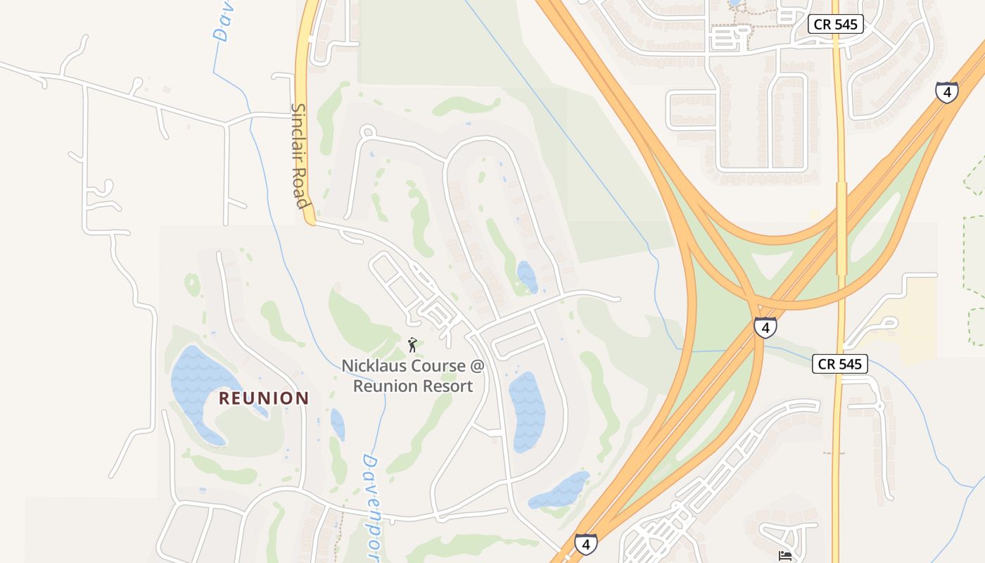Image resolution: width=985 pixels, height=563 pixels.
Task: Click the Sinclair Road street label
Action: click(x=300, y=156)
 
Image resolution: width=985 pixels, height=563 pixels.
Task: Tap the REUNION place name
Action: click(x=264, y=398)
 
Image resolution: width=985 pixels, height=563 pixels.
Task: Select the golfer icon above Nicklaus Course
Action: click(x=413, y=344)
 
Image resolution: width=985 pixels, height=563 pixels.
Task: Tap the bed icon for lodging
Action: click(x=786, y=556)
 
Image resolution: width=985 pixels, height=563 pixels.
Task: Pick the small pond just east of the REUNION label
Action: click(x=338, y=424)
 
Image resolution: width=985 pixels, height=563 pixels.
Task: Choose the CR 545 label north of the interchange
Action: click(x=835, y=24)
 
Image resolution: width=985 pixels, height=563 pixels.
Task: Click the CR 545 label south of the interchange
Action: click(x=840, y=364)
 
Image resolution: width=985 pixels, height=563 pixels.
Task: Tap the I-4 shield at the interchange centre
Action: click(x=765, y=327)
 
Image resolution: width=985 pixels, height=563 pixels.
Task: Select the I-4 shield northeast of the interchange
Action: click(x=946, y=91)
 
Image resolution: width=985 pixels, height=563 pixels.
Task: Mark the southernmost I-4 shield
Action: click(x=585, y=543)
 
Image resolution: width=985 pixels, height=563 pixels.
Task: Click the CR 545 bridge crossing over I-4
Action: click(x=841, y=229)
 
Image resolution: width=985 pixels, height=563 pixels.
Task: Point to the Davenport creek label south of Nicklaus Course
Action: click(x=371, y=507)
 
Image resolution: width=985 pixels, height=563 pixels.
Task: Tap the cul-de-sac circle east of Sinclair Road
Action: click(x=367, y=132)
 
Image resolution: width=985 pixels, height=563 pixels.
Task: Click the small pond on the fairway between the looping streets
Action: click(x=527, y=277)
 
